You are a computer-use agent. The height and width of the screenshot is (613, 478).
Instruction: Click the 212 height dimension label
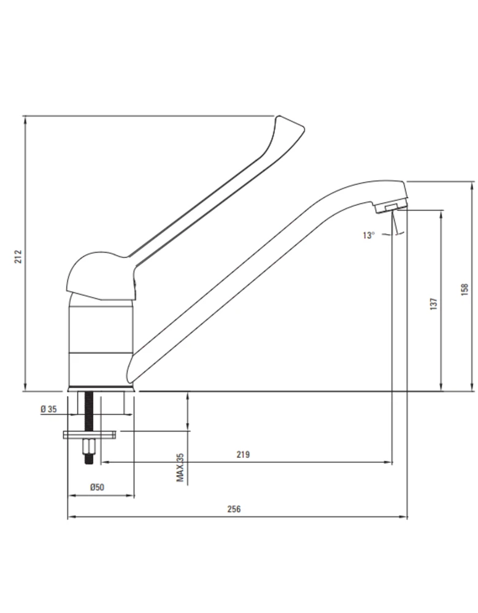pyautogui.click(x=18, y=256)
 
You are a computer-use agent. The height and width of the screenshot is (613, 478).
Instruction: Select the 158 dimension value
pyautogui.click(x=465, y=289)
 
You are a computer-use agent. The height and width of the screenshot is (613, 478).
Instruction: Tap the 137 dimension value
pyautogui.click(x=433, y=304)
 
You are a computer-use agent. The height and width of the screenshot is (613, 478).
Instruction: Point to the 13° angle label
pyautogui.click(x=368, y=235)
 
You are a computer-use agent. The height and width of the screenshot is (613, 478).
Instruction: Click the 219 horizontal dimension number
pyautogui.click(x=243, y=454)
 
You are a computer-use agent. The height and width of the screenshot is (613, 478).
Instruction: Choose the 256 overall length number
pyautogui.click(x=234, y=509)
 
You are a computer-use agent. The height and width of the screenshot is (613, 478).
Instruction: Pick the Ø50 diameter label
pyautogui.click(x=97, y=487)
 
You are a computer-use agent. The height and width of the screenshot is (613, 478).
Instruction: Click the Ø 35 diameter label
pyautogui.click(x=48, y=409)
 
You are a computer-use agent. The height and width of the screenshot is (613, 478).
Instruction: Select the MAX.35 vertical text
pyautogui.click(x=180, y=468)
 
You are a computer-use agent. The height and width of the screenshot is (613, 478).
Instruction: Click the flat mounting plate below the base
pyautogui.click(x=89, y=435)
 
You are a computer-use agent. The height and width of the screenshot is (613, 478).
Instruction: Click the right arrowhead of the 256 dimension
pyautogui.click(x=404, y=517)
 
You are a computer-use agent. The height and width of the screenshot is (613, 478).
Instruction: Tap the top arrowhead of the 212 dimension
pyautogui.click(x=25, y=120)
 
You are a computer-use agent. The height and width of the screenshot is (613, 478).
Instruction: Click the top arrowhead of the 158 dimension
pyautogui.click(x=471, y=185)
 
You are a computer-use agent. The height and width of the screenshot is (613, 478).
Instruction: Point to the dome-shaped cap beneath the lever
pyautogui.click(x=101, y=298)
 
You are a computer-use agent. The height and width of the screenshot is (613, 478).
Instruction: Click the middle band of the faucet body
pyautogui.click(x=101, y=329)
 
